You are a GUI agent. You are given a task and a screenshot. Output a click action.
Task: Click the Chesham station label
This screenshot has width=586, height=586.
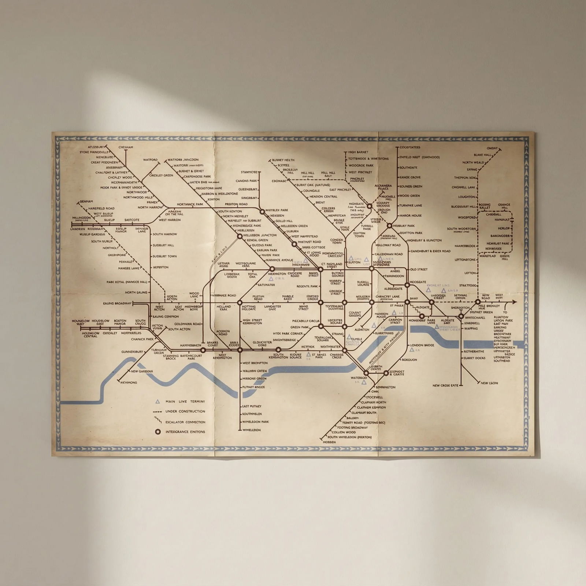tap(126, 147)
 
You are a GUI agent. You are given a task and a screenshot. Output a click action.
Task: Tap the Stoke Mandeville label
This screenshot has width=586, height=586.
tap(94, 152)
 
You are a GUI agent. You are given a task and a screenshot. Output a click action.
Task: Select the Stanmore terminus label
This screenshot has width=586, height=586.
tap(249, 172)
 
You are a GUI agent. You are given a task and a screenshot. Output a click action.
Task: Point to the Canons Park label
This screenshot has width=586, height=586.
tap(246, 181)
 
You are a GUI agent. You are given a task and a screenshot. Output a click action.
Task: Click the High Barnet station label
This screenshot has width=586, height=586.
tap(358, 152)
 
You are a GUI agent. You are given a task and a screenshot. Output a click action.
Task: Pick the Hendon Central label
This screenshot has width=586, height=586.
tap(323, 197)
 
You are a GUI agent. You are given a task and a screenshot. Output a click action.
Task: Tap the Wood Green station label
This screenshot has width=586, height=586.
tap(409, 196)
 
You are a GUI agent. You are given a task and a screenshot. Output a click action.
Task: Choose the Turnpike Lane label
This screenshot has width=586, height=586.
tap(411, 205)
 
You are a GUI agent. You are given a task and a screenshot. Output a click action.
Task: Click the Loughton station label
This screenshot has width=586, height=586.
tap(466, 197)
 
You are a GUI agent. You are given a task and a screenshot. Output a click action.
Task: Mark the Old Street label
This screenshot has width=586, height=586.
tap(419, 270)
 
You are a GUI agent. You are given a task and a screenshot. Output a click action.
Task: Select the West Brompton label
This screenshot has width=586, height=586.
tap(255, 363)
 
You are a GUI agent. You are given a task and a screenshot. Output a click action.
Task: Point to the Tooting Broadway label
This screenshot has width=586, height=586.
tap(352, 427)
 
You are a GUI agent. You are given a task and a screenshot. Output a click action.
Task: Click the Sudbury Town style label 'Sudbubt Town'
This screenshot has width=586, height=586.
tap(164, 256)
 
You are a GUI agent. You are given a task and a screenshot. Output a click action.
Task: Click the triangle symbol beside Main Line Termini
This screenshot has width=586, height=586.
tap(158, 401)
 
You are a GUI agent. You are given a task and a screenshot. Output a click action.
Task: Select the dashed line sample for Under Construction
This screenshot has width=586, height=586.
tap(158, 412)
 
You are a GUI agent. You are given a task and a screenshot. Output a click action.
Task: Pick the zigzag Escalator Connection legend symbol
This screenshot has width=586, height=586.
tap(158, 422)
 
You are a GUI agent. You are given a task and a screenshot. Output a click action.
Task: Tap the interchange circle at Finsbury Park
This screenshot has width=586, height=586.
tap(389, 226)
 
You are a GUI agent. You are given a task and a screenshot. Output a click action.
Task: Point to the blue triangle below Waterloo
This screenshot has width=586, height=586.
tap(364, 382)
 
